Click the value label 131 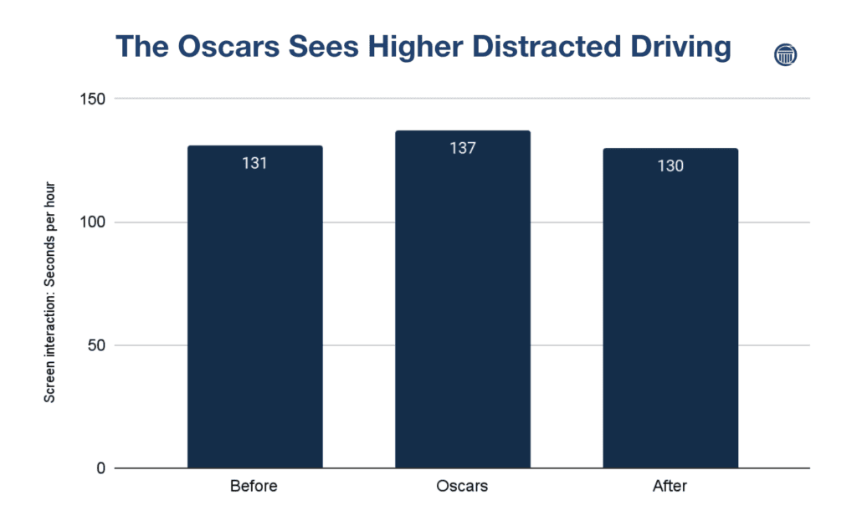tap(254, 163)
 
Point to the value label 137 tap(462, 149)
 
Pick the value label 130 tap(670, 166)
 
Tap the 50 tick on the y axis tap(97, 345)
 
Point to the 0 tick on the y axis tap(100, 468)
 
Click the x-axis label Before tap(254, 486)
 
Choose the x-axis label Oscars tap(462, 486)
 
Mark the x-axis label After tap(670, 486)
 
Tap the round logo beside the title tap(786, 55)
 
